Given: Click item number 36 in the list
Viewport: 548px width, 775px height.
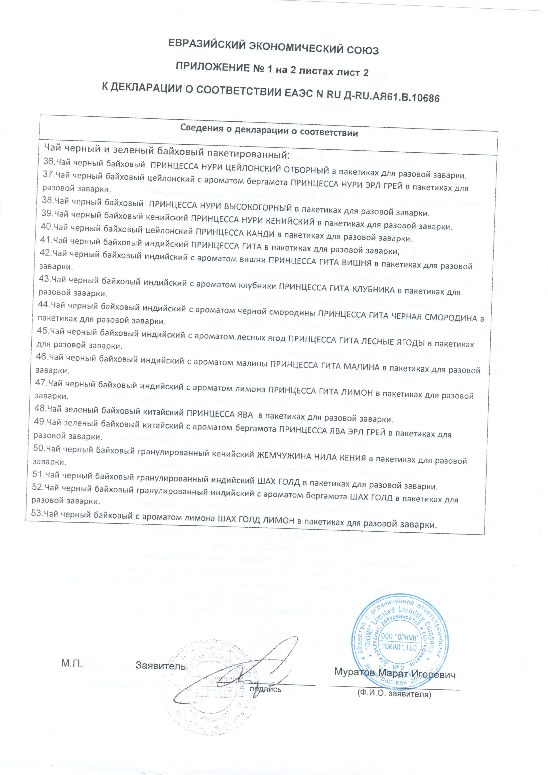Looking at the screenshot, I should point(49,162).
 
